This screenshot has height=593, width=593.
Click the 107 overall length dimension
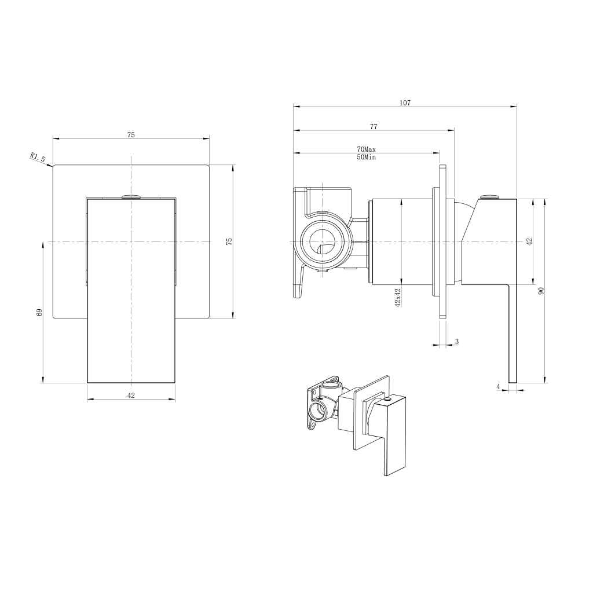[x=405, y=103]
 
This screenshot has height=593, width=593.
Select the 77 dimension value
[x=374, y=127]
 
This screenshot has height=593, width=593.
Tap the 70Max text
[x=366, y=150]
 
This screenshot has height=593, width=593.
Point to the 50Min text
[x=366, y=157]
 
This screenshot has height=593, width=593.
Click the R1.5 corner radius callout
[x=38, y=157]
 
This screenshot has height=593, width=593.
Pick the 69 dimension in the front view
[x=39, y=312]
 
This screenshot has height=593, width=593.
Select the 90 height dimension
[x=541, y=291]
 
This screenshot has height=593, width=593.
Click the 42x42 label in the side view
[x=397, y=298]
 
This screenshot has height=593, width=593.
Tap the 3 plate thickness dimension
[x=457, y=342]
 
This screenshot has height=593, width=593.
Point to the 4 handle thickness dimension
[x=499, y=386]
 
